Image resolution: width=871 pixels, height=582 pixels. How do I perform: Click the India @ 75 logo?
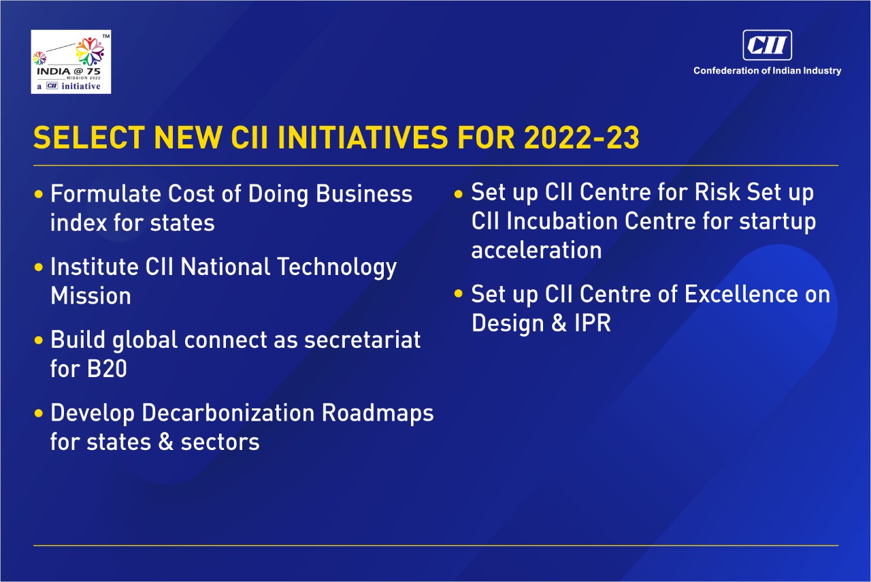click(71, 62)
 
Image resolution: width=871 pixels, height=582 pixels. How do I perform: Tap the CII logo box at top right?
click(767, 45)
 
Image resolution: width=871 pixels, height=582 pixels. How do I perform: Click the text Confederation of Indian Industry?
click(767, 70)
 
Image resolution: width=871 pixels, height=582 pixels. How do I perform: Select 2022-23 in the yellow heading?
click(581, 138)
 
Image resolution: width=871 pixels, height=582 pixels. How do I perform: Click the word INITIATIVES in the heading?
click(363, 138)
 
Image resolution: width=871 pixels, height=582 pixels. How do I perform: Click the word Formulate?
click(105, 193)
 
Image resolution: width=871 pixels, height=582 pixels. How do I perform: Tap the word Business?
click(364, 193)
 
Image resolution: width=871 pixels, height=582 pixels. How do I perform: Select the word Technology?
click(337, 268)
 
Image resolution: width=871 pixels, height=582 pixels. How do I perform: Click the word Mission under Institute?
click(91, 295)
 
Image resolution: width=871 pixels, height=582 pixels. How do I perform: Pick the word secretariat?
click(363, 340)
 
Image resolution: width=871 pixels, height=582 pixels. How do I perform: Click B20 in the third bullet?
click(107, 369)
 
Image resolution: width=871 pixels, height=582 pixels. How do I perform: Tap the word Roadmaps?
click(378, 414)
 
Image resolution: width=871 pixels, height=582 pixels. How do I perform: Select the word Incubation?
click(562, 221)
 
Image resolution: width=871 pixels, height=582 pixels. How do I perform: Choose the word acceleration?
click(537, 250)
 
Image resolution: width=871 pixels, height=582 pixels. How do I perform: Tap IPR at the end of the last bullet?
click(593, 323)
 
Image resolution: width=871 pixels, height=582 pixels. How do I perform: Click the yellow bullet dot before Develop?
click(39, 413)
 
